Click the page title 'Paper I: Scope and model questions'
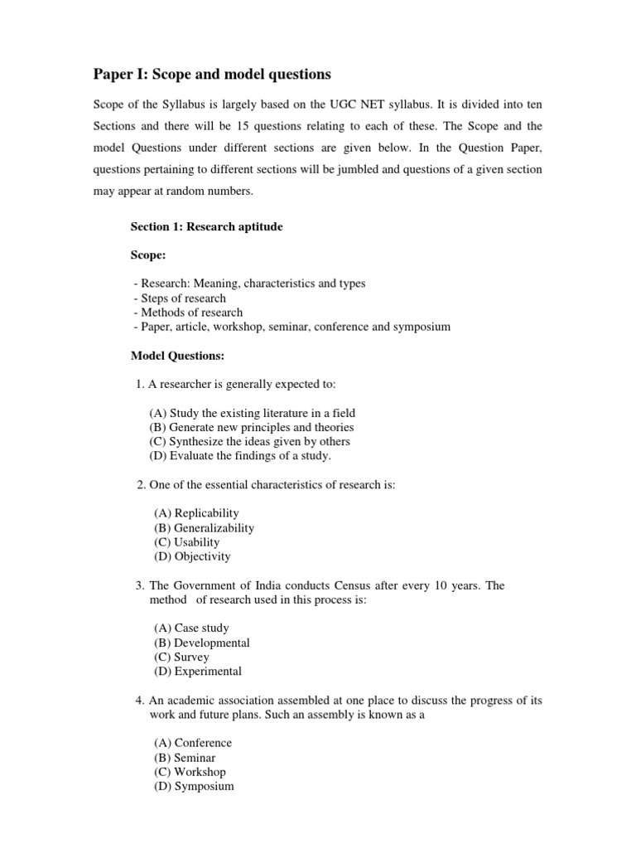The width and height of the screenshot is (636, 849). click(x=211, y=75)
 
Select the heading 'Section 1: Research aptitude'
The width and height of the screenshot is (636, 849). click(x=207, y=226)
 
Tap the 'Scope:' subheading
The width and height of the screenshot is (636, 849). click(x=149, y=255)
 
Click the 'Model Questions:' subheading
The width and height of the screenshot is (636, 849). click(x=178, y=356)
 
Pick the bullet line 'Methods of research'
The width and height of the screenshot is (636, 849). click(x=187, y=313)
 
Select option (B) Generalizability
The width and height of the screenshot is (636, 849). click(x=204, y=528)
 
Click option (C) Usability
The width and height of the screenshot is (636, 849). click(x=186, y=542)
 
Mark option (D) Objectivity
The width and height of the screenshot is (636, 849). click(x=192, y=556)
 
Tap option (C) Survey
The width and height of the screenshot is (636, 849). click(x=181, y=657)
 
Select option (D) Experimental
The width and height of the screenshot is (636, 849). click(x=198, y=672)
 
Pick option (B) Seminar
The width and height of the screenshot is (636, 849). click(x=185, y=758)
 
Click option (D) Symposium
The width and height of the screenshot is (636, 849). click(x=194, y=786)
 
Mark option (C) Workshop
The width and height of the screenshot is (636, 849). click(x=190, y=772)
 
